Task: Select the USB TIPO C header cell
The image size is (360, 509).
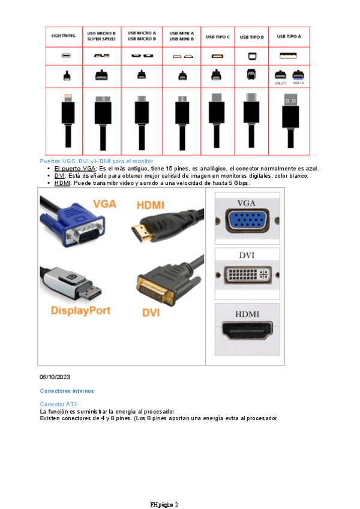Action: coord(217,37)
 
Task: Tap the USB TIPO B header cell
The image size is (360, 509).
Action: coord(251,37)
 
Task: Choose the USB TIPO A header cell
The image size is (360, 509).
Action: coord(289,36)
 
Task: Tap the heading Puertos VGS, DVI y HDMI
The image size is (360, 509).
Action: coord(96,161)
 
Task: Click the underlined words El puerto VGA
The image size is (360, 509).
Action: coord(75,169)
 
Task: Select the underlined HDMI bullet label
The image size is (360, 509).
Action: coord(62,183)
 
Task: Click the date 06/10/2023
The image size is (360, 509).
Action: coord(55,376)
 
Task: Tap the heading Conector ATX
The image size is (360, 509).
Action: coord(59,404)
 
